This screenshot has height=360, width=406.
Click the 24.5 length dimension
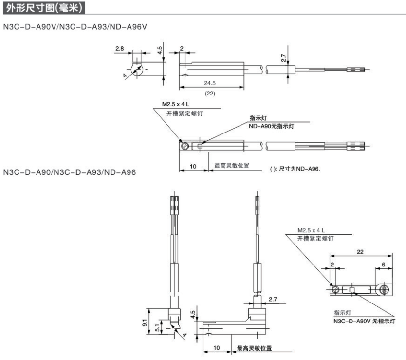[210, 83]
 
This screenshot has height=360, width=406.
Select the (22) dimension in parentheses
[210, 93]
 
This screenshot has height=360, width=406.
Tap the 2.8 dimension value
[119, 49]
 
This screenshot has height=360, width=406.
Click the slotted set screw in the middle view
[185, 145]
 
